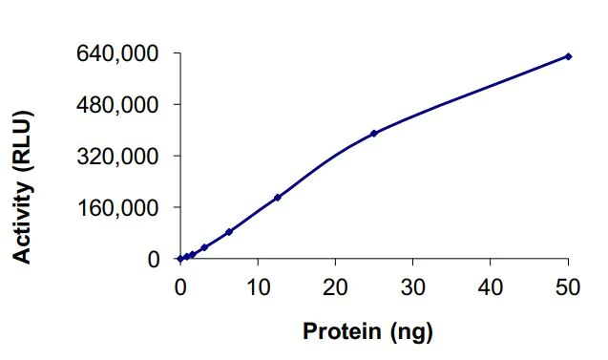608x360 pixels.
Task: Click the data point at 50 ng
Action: pos(568,56)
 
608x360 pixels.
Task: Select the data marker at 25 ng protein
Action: pos(374,134)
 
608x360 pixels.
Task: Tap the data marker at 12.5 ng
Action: pos(277,198)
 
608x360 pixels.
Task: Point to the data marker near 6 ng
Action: pos(229,232)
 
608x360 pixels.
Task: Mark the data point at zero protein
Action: pos(180,259)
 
